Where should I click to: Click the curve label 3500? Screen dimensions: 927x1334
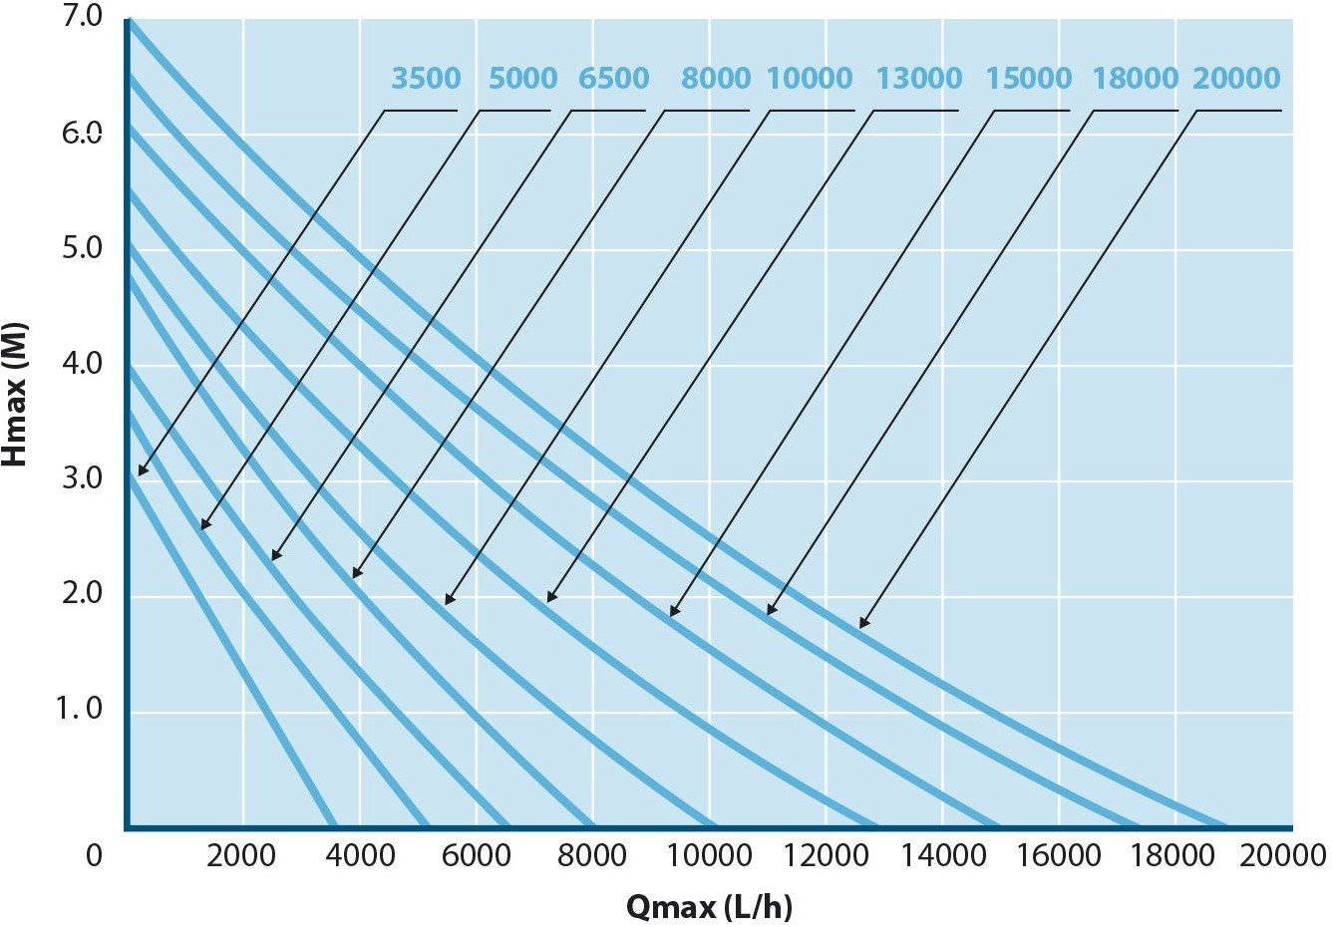(426, 79)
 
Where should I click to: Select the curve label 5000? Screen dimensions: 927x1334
(522, 79)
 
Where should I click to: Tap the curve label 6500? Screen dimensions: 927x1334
(614, 79)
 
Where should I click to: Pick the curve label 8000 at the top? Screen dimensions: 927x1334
(716, 79)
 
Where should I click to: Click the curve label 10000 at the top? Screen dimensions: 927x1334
(810, 79)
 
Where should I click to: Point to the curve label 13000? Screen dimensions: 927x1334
(918, 79)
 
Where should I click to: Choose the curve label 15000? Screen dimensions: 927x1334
(1028, 79)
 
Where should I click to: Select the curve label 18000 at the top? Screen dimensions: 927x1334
(1135, 79)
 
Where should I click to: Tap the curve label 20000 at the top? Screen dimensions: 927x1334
(1236, 79)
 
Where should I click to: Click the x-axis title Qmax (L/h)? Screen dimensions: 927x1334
(709, 907)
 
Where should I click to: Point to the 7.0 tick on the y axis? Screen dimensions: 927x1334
(82, 19)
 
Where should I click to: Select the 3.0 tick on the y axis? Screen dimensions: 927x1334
(82, 479)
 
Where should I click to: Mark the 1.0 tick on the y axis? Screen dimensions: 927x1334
(80, 710)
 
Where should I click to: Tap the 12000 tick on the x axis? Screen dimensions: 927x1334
(825, 855)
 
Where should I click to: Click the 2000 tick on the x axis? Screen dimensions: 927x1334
(241, 855)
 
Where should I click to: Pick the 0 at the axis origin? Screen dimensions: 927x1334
(94, 855)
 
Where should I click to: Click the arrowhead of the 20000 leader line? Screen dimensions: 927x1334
(862, 625)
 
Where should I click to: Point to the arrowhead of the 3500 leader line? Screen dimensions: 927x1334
(141, 472)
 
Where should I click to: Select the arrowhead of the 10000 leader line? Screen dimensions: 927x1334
(448, 601)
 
